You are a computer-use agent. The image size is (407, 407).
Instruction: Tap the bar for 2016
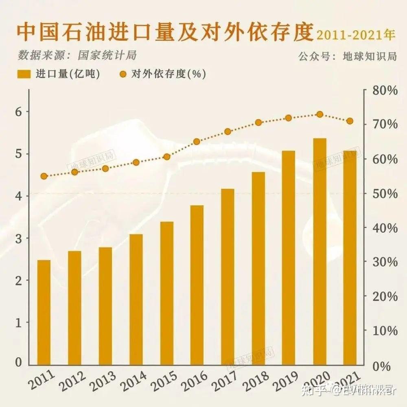197,284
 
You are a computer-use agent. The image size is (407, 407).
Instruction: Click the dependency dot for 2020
319,114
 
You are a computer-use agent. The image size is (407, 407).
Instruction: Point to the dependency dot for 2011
44,176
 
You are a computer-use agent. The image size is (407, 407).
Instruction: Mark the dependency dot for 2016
197,142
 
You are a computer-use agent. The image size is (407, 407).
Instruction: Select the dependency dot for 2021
350,121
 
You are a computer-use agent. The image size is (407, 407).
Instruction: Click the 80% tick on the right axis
384,90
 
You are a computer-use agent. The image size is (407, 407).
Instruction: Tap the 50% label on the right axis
384,193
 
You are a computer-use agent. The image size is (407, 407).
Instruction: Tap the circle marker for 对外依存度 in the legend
123,74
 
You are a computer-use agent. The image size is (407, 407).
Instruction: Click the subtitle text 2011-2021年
356,35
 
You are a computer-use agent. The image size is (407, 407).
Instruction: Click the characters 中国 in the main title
33,33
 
